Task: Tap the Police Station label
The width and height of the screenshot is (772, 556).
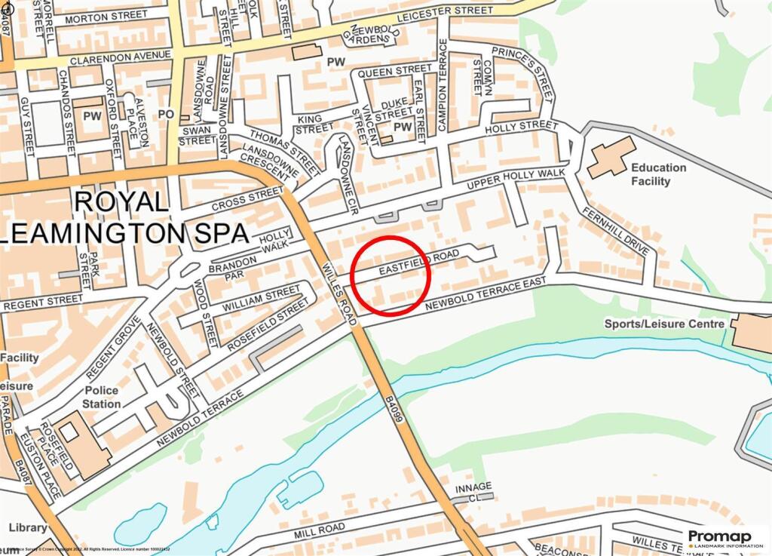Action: (x=101, y=397)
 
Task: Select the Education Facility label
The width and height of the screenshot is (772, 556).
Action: (x=658, y=174)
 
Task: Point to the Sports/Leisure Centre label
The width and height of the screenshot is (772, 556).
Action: (x=664, y=324)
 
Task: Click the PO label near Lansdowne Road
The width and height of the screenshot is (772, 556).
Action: (x=167, y=114)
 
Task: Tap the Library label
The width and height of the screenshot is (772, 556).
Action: (x=27, y=527)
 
